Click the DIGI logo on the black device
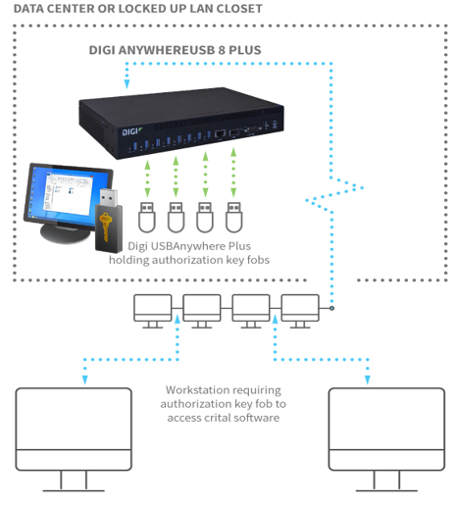(131, 131)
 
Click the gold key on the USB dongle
(105, 227)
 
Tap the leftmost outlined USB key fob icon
(147, 217)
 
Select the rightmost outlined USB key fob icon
(234, 217)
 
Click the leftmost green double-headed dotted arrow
(147, 178)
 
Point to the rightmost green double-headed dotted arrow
(233, 173)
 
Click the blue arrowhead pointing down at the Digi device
(126, 84)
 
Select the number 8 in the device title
(222, 50)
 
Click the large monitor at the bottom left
(74, 439)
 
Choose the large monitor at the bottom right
(386, 439)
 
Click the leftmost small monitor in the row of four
(153, 311)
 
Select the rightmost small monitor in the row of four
(300, 311)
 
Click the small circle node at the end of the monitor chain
(331, 308)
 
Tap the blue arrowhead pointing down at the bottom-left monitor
(85, 379)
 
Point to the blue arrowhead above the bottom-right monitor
(368, 379)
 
